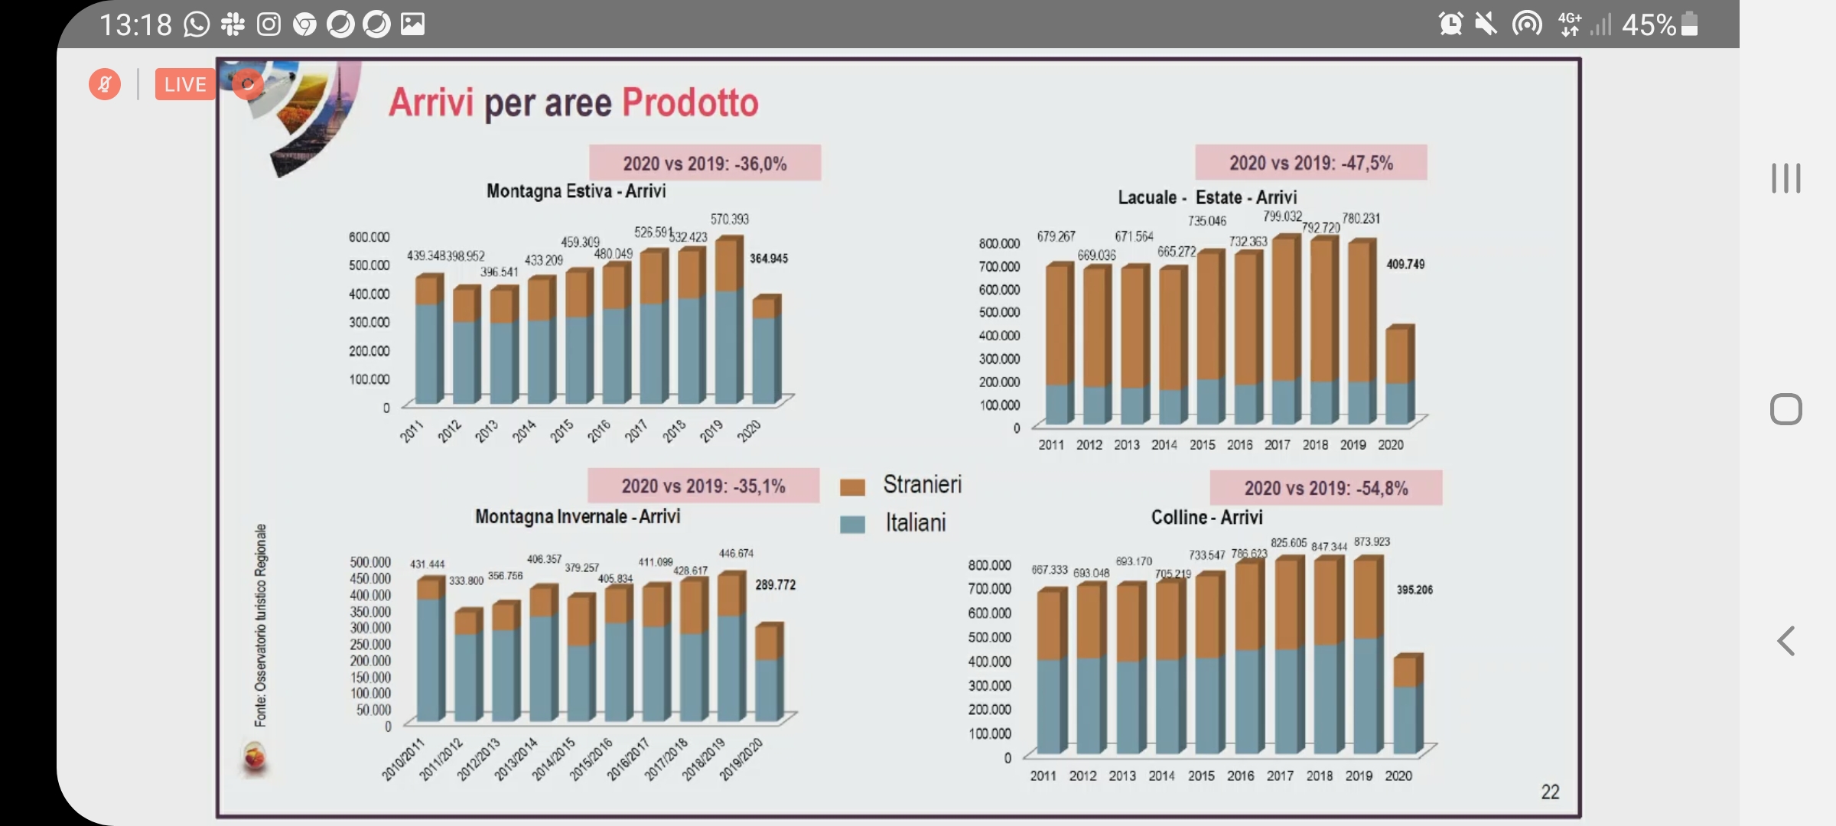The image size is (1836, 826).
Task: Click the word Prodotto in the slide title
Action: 689,103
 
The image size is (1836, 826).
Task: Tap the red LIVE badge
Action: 185,84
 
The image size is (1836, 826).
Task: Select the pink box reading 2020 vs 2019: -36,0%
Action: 705,163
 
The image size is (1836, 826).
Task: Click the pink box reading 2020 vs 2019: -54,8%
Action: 1326,488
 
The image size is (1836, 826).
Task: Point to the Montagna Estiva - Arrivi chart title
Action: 576,191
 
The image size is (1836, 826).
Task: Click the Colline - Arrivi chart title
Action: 1206,518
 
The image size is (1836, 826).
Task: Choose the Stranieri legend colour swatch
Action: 852,487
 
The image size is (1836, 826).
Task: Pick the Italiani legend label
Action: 916,523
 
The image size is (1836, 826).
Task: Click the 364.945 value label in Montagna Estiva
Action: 768,259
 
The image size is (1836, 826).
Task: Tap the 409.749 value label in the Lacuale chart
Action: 1405,265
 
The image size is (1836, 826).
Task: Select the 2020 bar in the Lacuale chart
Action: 1399,375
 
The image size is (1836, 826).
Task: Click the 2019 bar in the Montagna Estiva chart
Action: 728,321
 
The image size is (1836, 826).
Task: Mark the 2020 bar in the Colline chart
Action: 1407,704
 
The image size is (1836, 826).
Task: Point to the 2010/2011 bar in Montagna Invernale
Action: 430,650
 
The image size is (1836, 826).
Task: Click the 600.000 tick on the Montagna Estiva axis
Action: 369,237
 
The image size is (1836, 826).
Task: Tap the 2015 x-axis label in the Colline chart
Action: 1201,776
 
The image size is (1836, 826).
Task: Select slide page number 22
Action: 1550,792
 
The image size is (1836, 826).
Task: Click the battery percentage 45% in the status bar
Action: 1649,25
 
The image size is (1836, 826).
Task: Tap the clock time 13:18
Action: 135,25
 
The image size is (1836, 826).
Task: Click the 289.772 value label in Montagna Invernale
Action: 775,585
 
